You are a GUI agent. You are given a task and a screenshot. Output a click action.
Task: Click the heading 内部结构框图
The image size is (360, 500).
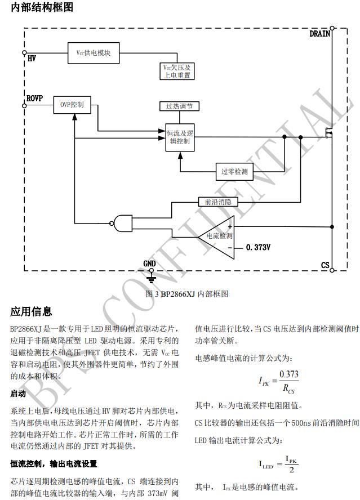(42, 8)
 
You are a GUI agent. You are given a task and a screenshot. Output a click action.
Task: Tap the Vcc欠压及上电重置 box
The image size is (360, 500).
(177, 70)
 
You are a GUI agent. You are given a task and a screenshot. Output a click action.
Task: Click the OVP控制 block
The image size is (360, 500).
(72, 105)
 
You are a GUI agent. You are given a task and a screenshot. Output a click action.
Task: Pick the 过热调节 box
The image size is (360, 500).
(179, 106)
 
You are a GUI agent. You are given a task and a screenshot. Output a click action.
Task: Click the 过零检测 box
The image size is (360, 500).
(234, 171)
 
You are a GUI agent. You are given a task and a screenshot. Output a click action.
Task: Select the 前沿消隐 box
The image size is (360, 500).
(219, 201)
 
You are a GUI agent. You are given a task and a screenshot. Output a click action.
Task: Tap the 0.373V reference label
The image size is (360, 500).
(258, 247)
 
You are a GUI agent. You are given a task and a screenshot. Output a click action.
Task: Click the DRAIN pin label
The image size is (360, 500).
(320, 34)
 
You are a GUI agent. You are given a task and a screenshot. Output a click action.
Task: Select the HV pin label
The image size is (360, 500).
(32, 58)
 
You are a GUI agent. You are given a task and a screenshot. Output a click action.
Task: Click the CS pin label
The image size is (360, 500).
(325, 265)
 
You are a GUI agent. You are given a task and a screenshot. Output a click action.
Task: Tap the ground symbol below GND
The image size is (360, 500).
(150, 276)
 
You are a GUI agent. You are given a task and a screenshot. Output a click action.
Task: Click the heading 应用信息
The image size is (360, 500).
(31, 311)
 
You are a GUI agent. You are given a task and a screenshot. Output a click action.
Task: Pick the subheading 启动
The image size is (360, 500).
(19, 394)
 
